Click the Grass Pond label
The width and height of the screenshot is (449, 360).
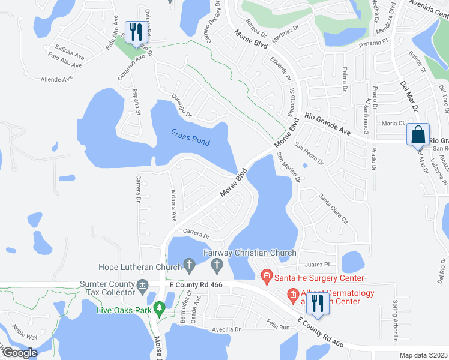(x=190, y=137)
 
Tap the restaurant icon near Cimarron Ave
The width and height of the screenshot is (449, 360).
(x=134, y=32)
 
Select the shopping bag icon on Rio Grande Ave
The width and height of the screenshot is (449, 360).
(x=418, y=134)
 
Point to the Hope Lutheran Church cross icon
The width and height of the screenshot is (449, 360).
(x=190, y=265)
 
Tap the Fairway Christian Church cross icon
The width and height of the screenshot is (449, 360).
(x=218, y=265)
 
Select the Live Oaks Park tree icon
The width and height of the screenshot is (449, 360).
(x=159, y=309)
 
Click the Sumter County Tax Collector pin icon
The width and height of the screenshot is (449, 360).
(x=142, y=285)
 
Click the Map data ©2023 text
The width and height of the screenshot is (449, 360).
(x=423, y=355)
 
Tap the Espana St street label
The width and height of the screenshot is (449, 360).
(x=136, y=103)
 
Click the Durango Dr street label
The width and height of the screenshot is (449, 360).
(x=181, y=106)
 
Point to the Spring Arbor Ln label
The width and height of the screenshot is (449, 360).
(x=396, y=321)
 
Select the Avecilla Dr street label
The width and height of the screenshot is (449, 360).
(x=225, y=329)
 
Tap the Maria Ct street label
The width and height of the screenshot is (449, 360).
(x=393, y=123)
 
